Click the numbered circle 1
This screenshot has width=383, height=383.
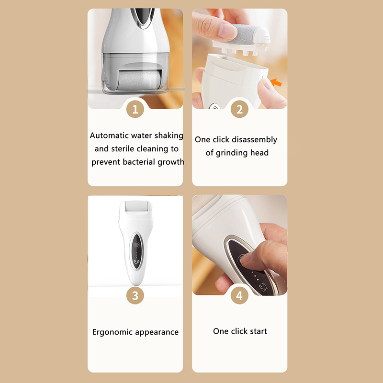pos(135,109)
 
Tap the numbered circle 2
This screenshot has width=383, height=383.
pos(239,109)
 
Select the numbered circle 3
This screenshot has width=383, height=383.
pos(135,295)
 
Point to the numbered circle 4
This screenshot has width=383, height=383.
pos(239,295)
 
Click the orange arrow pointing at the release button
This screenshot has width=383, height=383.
pos(276,82)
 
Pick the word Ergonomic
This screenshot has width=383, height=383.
pos(113,332)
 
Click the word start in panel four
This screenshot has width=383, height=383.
pos(259,331)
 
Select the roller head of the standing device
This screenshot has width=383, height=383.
pos(136,206)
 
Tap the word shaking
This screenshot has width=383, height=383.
pos(169,136)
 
